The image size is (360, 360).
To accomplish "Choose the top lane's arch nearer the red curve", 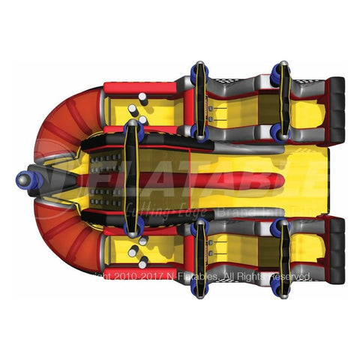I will (199, 101).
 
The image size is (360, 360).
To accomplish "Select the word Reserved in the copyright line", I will (285, 277).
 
